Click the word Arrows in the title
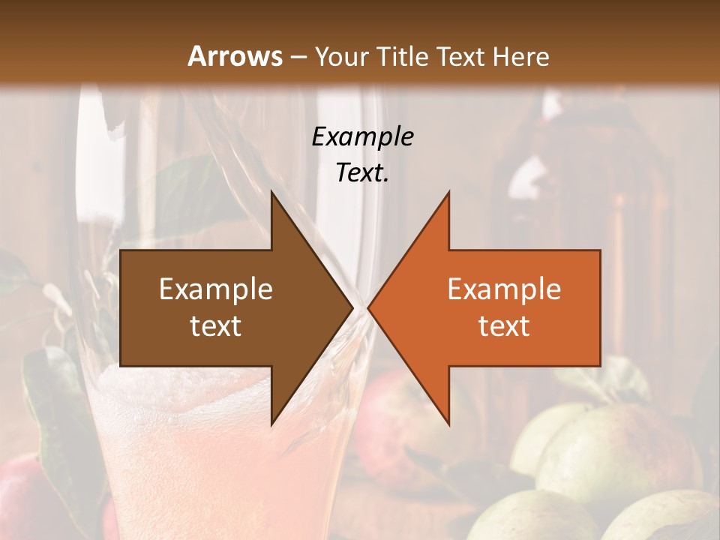pyautogui.click(x=235, y=56)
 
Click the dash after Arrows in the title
pyautogui.click(x=298, y=57)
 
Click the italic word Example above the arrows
pyautogui.click(x=363, y=136)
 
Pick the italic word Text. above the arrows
pyautogui.click(x=363, y=172)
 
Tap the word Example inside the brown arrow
pyautogui.click(x=216, y=289)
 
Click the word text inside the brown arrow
pyautogui.click(x=216, y=326)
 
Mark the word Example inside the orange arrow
pyautogui.click(x=504, y=289)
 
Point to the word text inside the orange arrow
pyautogui.click(x=504, y=326)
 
